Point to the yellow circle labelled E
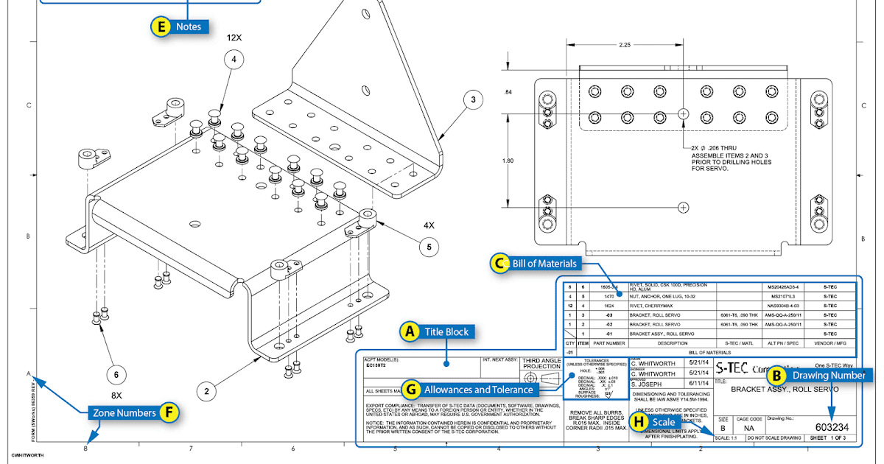[x=161, y=27]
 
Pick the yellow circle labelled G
[x=411, y=389]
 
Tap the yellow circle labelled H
[x=628, y=421]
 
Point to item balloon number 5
[x=429, y=247]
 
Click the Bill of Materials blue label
[x=546, y=262]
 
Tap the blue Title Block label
[x=446, y=332]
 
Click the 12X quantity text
[x=234, y=37]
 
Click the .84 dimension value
[x=508, y=92]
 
